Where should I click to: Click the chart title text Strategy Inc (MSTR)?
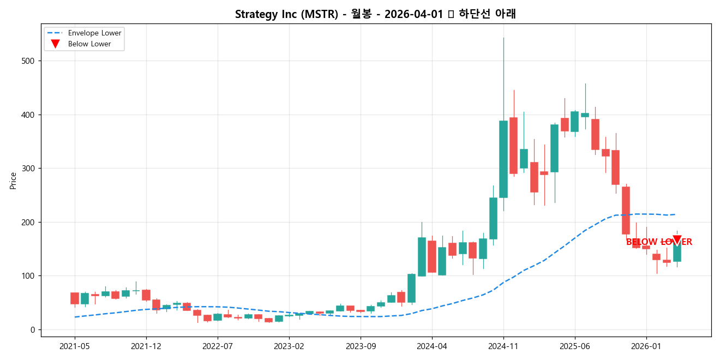click(x=286, y=14)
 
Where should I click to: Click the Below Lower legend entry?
click(x=89, y=44)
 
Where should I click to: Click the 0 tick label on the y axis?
click(x=33, y=329)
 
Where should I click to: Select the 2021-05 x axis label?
click(x=75, y=346)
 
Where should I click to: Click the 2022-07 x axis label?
click(x=218, y=346)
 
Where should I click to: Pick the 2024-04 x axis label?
click(x=432, y=346)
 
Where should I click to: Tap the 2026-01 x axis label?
click(x=646, y=346)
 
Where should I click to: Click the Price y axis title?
click(x=13, y=181)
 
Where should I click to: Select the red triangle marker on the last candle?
click(x=677, y=240)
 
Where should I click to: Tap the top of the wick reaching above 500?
click(x=503, y=38)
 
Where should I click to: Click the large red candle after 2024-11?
click(x=513, y=146)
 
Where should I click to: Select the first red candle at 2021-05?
click(x=75, y=298)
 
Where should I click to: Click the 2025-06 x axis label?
click(x=575, y=346)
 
